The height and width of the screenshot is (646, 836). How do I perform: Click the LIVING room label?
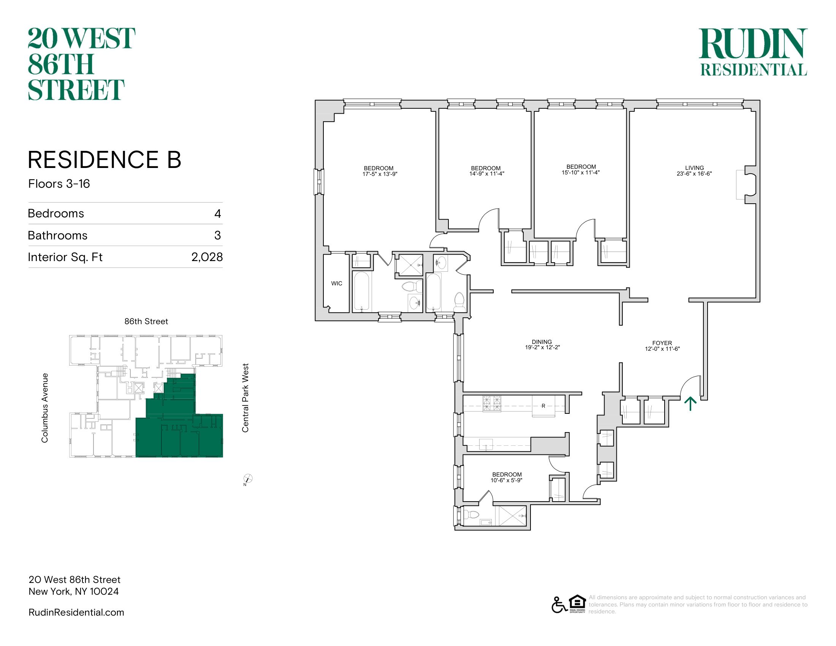tap(694, 168)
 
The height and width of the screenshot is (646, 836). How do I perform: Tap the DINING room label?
tap(541, 342)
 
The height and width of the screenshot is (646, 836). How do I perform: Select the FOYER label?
tap(662, 343)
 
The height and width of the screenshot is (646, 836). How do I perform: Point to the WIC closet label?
tap(336, 283)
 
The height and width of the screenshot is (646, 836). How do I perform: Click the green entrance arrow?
tap(690, 403)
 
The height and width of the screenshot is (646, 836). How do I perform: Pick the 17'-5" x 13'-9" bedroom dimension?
tap(380, 174)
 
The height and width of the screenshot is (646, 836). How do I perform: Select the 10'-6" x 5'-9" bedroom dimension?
tap(507, 480)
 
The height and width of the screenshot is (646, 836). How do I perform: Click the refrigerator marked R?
tap(543, 406)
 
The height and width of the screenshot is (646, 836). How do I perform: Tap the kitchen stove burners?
tap(492, 403)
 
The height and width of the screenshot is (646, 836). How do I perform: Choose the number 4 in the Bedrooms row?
tap(217, 214)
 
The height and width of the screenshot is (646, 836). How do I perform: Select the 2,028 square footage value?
tap(207, 257)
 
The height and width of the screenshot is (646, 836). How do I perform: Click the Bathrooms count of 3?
tap(217, 235)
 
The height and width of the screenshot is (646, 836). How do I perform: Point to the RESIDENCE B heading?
tap(104, 160)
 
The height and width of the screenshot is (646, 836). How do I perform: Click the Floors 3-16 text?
tap(59, 184)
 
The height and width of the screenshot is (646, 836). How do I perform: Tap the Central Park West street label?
tap(245, 398)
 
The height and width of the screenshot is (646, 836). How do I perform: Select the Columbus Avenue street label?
tap(45, 408)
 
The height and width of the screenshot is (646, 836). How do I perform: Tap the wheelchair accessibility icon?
tap(559, 605)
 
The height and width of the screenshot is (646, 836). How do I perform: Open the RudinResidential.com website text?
tap(76, 612)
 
